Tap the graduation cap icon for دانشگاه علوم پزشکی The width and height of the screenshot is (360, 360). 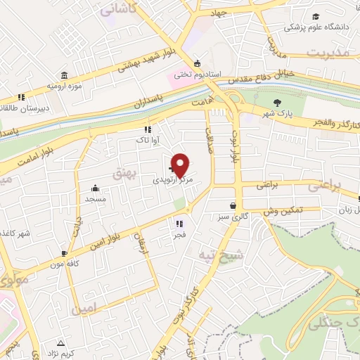click(x=316, y=17)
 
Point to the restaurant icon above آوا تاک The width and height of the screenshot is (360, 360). click(x=148, y=129)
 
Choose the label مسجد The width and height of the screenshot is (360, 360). click(x=95, y=199)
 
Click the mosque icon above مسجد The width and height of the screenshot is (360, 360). click(x=95, y=188)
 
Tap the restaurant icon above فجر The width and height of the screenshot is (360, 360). click(x=179, y=224)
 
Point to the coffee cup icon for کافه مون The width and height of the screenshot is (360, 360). click(x=64, y=254)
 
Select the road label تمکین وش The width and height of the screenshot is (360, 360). click(x=283, y=210)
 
